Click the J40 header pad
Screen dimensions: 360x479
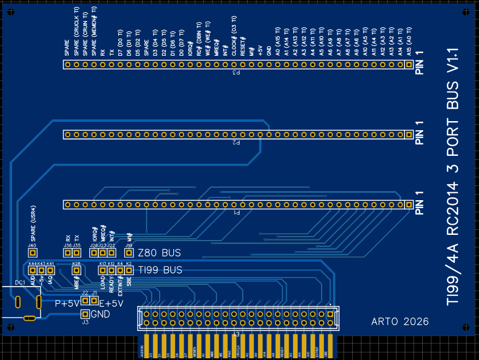pyautogui.click(x=32, y=253)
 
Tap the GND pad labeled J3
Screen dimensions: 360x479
pyautogui.click(x=85, y=314)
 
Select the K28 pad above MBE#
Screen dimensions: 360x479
pyautogui.click(x=76, y=271)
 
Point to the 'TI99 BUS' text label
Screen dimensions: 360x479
pyautogui.click(x=160, y=270)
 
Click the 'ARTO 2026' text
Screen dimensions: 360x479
pyautogui.click(x=400, y=321)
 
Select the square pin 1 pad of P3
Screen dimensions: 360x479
pyautogui.click(x=409, y=65)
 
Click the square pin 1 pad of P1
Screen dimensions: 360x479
pyautogui.click(x=409, y=204)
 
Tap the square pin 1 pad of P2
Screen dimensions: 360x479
pyautogui.click(x=409, y=135)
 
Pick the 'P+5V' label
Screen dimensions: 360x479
pyautogui.click(x=67, y=304)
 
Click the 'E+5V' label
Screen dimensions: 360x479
pyautogui.click(x=111, y=304)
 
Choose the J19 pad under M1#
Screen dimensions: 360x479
pyautogui.click(x=129, y=253)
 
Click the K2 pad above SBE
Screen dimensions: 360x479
pyautogui.click(x=129, y=271)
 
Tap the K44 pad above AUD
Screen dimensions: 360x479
pyautogui.click(x=32, y=271)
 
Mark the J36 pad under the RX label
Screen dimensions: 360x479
pyautogui.click(x=68, y=253)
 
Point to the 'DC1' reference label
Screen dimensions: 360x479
pyautogui.click(x=19, y=283)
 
